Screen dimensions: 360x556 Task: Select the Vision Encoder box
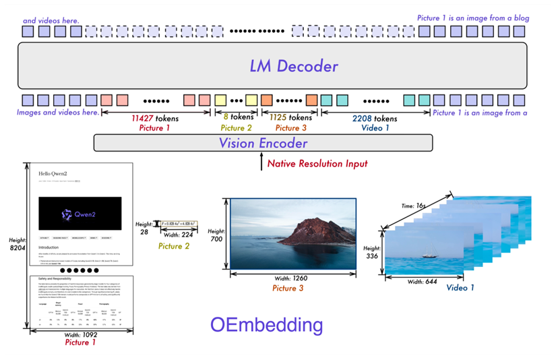tap(263, 143)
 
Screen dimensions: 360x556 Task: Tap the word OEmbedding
tap(266, 326)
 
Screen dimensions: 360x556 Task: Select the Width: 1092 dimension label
tap(81, 334)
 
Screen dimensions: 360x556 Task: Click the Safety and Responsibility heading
tap(59, 279)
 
